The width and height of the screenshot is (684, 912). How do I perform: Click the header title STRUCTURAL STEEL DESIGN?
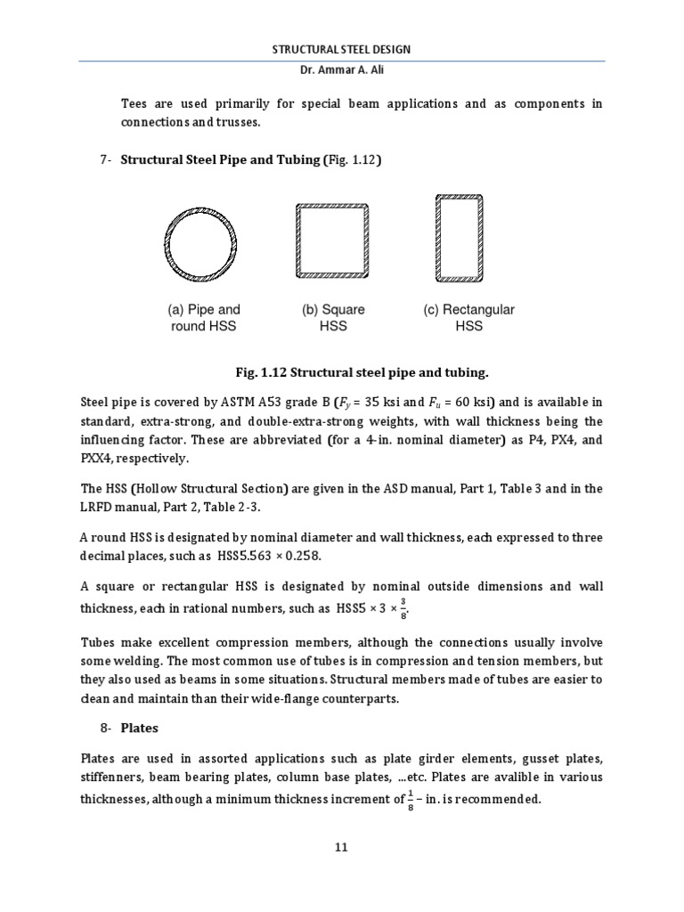click(341, 49)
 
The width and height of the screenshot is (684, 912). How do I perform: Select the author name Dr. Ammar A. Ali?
click(341, 72)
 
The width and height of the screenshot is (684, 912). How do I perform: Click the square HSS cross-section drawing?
click(332, 239)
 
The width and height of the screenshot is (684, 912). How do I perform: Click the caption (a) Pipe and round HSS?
click(204, 318)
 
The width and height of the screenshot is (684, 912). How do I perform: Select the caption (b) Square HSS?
click(332, 318)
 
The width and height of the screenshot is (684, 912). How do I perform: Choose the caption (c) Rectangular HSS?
click(468, 318)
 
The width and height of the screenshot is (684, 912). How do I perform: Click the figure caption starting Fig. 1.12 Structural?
click(342, 371)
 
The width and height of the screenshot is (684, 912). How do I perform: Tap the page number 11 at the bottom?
click(341, 847)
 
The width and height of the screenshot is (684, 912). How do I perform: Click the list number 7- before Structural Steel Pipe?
click(106, 160)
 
